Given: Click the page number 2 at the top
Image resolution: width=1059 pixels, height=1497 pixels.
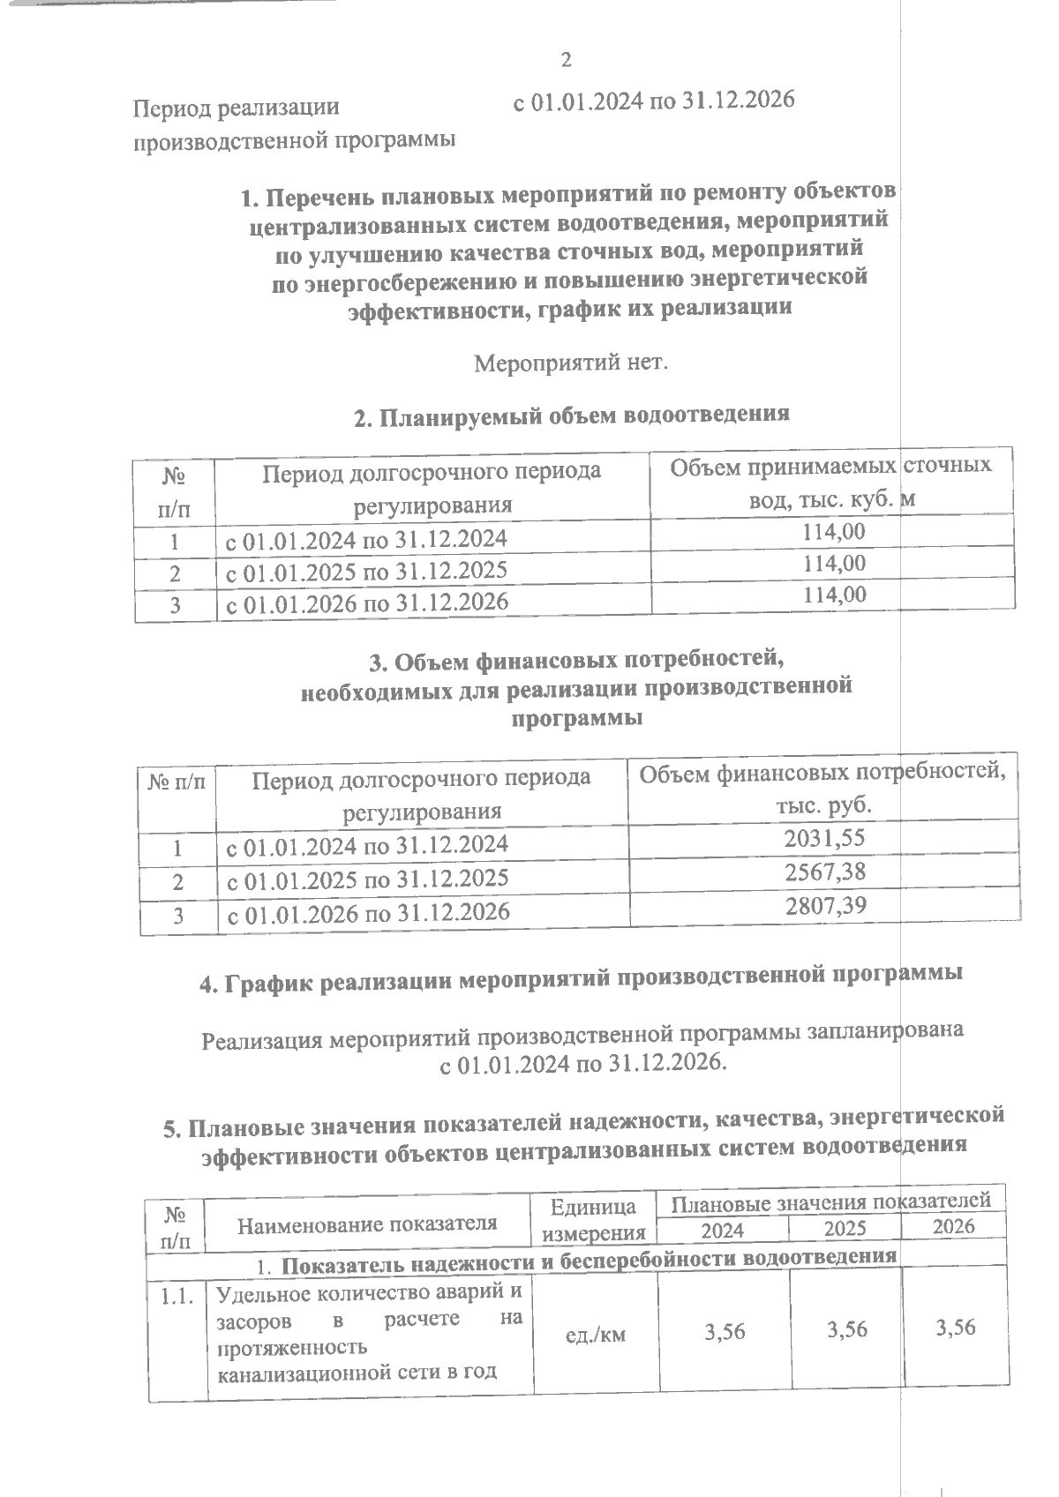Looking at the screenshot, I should point(566,60).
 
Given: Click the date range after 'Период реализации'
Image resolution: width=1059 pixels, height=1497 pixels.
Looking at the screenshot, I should point(654,101).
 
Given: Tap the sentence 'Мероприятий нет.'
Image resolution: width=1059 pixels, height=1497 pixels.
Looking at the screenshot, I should point(571,363).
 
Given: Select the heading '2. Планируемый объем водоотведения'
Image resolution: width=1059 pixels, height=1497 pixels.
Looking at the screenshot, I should point(571,415).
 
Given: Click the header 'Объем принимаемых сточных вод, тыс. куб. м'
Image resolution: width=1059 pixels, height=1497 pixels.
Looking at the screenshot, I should point(830,483).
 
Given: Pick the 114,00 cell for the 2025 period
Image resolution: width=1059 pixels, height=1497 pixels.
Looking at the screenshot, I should point(834,563).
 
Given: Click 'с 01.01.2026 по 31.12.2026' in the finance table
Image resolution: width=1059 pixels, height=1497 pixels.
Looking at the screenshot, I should point(369,912).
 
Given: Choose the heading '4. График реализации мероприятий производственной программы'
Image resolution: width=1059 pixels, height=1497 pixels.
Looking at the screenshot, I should point(580,979).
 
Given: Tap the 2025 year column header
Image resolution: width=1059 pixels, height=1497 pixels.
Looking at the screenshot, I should point(845,1228).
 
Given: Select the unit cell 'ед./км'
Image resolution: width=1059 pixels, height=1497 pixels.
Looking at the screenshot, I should point(595,1334).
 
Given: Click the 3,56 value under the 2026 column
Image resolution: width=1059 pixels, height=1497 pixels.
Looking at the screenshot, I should point(955,1327).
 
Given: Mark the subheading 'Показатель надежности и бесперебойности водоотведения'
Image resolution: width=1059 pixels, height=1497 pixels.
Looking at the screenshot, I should point(588,1257).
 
